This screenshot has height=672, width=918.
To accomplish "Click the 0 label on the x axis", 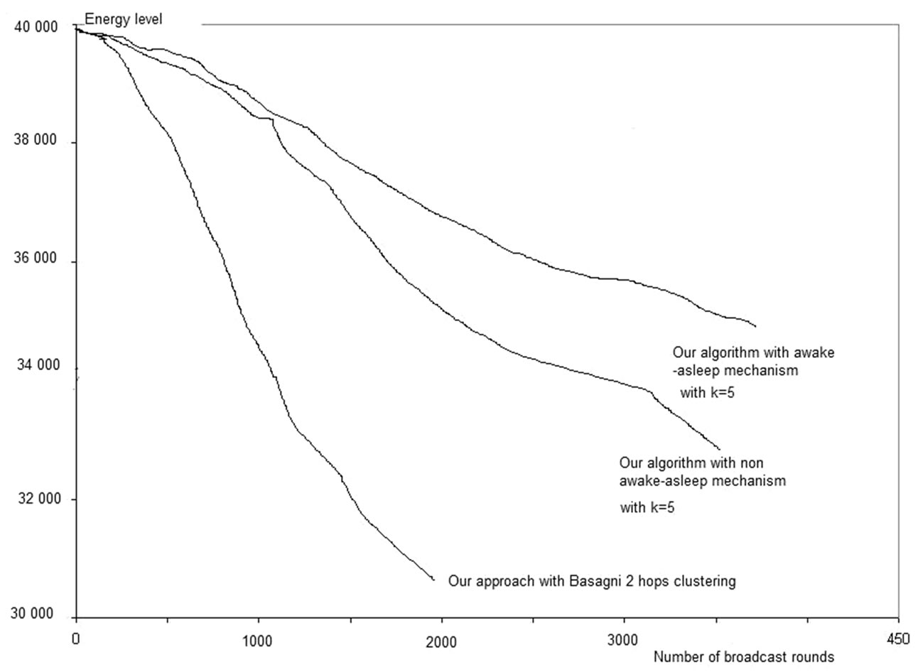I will (x=75, y=638).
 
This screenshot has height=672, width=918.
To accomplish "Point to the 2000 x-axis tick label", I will (x=441, y=638).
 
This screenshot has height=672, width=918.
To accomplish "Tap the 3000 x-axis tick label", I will (x=624, y=638).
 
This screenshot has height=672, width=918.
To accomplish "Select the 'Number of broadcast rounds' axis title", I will (x=743, y=657).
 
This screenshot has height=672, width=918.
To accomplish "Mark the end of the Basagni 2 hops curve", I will (x=433, y=580).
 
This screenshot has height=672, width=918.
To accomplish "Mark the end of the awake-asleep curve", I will (x=755, y=326).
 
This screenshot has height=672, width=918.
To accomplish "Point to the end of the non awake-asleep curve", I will (x=720, y=449).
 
